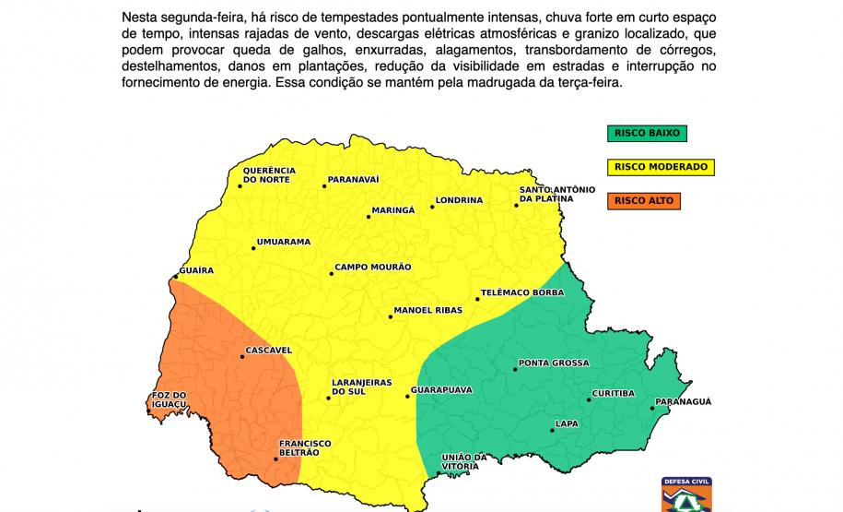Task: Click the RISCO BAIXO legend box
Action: coord(646,133)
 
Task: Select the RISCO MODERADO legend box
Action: coord(661,167)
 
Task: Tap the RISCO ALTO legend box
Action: coord(643,200)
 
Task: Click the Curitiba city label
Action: coord(614,394)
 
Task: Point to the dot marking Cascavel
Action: coord(242,357)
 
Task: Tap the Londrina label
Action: coord(460,200)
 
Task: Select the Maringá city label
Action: coord(393,210)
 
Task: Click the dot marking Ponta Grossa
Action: coord(512,371)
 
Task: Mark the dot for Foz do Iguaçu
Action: coord(152,404)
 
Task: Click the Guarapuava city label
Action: coord(443,390)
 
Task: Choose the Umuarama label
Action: coord(283,242)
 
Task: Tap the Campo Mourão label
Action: coord(372,268)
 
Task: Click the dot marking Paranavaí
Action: coord(323,186)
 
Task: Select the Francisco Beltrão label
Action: coord(304,448)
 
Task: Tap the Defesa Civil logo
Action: coord(686,494)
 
